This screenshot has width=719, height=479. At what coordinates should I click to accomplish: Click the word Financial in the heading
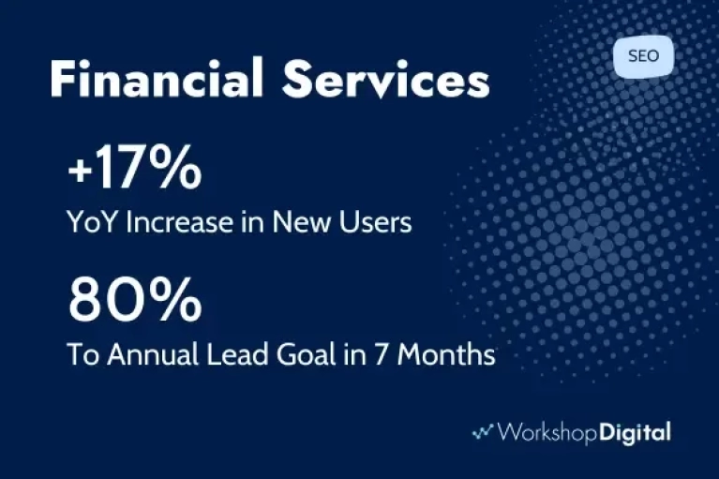coord(157,78)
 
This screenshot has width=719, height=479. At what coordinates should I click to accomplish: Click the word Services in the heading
coord(385,79)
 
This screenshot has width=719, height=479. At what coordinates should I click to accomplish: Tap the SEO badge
coord(643,56)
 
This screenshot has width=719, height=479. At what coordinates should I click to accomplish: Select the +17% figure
coord(134,167)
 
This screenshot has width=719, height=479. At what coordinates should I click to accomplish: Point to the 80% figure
coord(135,300)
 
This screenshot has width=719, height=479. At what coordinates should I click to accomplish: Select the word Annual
coord(153,354)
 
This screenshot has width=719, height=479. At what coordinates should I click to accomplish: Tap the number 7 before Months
coord(381,354)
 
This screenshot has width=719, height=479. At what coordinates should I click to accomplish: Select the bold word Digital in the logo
coord(635,433)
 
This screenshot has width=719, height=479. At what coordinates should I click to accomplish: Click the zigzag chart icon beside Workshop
coord(483,431)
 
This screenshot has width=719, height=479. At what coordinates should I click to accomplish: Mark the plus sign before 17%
coord(79,170)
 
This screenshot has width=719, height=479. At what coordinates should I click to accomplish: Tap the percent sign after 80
coord(177,300)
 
